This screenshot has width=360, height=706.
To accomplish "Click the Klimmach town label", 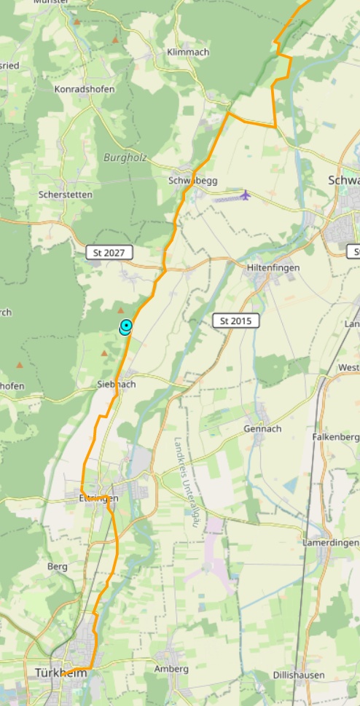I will click(187, 52).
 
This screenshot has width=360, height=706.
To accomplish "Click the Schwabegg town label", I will click(192, 180).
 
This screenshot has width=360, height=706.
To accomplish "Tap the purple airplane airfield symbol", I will click(245, 195).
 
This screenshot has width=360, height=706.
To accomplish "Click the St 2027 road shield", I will click(110, 253).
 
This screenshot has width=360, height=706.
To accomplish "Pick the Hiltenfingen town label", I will click(273, 267).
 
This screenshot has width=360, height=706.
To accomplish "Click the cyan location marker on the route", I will click(126, 326).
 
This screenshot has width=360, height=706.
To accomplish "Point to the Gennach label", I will click(262, 428).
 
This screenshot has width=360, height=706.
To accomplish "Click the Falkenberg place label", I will click(336, 436).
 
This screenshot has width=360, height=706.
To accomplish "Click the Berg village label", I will click(57, 566).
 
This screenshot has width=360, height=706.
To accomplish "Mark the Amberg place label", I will click(172, 669).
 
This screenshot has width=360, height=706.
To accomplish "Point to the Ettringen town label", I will click(98, 498).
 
